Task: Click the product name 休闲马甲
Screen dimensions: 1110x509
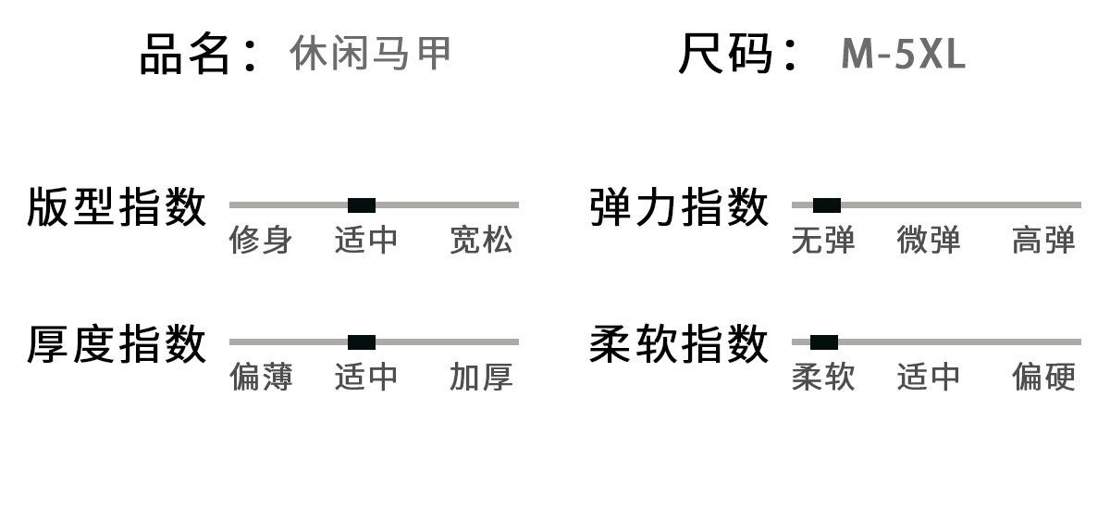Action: coord(370,54)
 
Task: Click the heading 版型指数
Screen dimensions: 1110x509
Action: coord(117,206)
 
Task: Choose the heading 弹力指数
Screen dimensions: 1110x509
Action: coord(679,206)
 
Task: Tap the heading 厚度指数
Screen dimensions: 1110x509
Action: coord(117,344)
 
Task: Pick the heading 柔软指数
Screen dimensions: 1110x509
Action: coord(679,344)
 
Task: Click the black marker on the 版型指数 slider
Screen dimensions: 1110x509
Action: coord(362,205)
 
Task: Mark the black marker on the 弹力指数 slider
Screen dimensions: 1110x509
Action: coord(827,205)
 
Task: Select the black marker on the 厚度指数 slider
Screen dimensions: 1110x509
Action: coord(362,342)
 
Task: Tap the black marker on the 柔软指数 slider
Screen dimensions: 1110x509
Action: coord(824,342)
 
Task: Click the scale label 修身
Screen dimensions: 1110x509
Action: coord(261,241)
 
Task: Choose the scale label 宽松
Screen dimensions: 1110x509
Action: coord(481,241)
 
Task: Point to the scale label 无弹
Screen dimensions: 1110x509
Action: coord(823,241)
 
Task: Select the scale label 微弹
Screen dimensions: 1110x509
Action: coord(929,241)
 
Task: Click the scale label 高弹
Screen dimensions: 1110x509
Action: coord(1043,241)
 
